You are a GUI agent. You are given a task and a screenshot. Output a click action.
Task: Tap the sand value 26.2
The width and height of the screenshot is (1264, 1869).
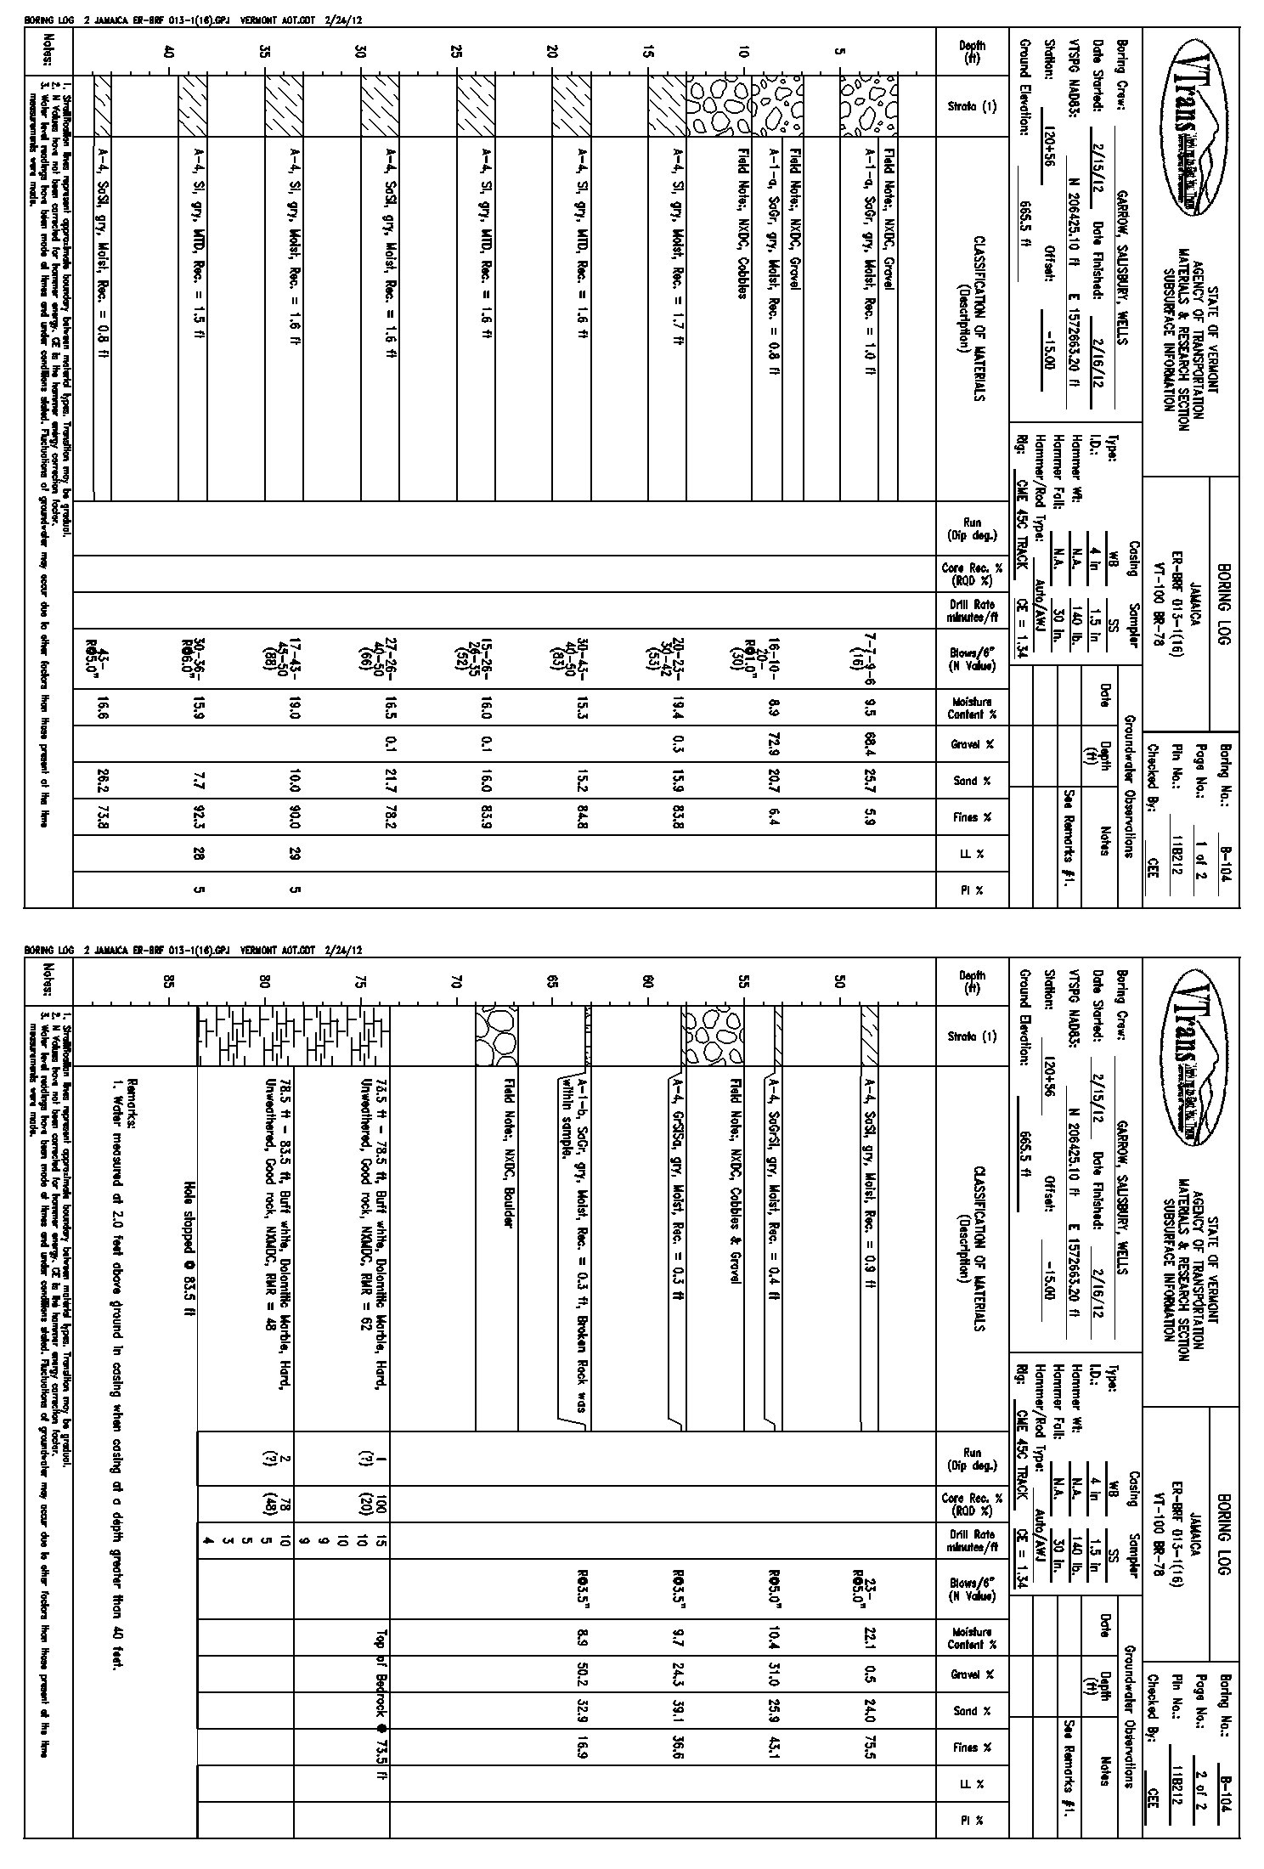click(102, 780)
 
